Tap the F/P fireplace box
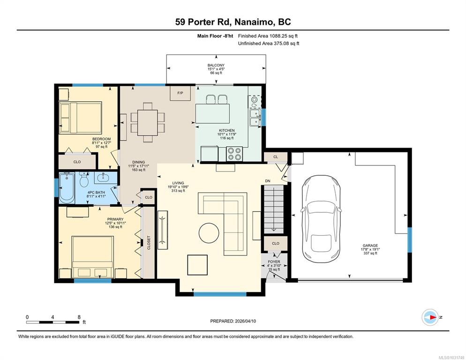(x=180, y=93)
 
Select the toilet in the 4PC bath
(x=84, y=179)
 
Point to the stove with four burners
(x=234, y=154)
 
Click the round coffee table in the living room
(x=209, y=233)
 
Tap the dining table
(x=147, y=122)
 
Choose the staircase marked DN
(x=274, y=209)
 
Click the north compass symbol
(x=430, y=317)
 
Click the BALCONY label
(x=216, y=65)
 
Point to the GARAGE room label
(x=370, y=246)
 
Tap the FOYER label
(x=274, y=262)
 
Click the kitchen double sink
(x=255, y=118)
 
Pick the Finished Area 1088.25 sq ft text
(x=268, y=36)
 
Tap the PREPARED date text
(x=233, y=321)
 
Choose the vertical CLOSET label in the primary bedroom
(x=149, y=242)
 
